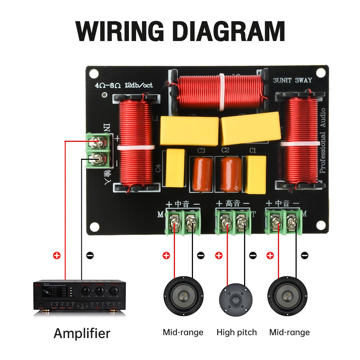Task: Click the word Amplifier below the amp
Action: tap(82, 333)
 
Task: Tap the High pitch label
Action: tap(237, 332)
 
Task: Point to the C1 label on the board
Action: tap(253, 150)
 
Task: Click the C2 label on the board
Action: tap(225, 150)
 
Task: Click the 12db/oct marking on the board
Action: tap(139, 86)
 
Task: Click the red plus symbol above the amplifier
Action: tap(57, 256)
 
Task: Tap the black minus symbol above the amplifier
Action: tap(90, 256)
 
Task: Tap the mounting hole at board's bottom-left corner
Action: tap(94, 227)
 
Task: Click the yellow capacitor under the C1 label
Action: tap(255, 175)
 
